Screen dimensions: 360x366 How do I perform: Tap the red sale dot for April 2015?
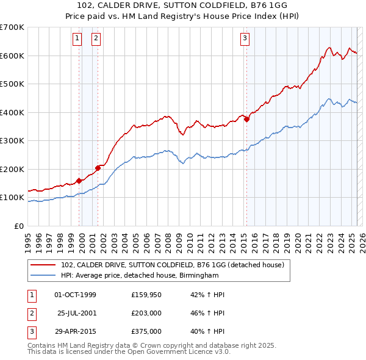(x=247, y=120)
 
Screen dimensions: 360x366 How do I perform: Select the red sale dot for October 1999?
(x=79, y=181)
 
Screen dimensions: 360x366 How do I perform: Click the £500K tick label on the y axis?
(x=12, y=84)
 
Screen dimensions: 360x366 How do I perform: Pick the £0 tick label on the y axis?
(x=18, y=226)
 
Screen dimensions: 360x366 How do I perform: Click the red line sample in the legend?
(x=43, y=265)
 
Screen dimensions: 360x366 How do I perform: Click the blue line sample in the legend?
(x=43, y=276)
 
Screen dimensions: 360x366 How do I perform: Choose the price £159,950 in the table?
(x=146, y=295)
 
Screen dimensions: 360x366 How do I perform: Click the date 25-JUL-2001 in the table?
(x=77, y=313)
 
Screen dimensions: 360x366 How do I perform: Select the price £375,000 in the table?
(x=146, y=331)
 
